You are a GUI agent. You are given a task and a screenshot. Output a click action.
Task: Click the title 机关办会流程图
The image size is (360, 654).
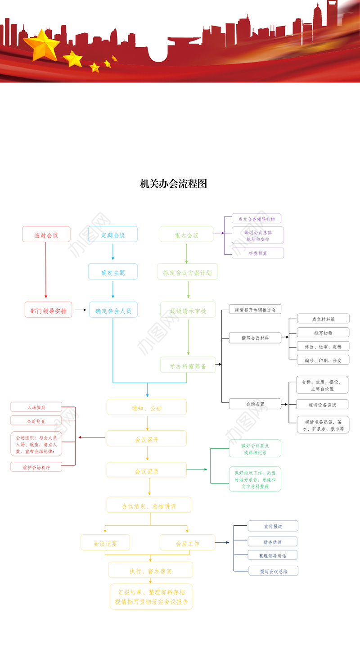tap(173, 184)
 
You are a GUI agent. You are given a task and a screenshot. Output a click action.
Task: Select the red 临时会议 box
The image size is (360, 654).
tap(46, 235)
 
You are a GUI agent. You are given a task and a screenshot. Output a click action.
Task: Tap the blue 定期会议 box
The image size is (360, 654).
tap(112, 235)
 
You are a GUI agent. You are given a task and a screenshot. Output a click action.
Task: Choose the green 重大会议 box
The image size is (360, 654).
tap(186, 235)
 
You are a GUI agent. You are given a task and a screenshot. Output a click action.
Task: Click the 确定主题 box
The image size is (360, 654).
tap(112, 272)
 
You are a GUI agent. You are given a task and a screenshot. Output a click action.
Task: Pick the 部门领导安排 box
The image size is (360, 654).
tap(48, 310)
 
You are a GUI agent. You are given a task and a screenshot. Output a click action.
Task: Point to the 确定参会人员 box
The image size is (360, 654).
tap(113, 310)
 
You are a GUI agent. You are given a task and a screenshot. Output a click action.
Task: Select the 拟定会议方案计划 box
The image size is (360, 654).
tap(187, 272)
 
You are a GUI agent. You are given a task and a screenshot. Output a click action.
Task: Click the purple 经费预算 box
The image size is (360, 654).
tap(258, 253)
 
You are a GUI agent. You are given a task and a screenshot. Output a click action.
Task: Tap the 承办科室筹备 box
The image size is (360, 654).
tap(188, 365)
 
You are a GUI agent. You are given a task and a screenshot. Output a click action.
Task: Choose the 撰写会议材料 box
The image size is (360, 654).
tap(255, 338)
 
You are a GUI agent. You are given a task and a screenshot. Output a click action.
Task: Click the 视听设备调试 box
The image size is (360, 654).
tap(322, 404)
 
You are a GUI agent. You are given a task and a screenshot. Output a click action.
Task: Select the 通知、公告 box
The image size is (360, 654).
tap(146, 407)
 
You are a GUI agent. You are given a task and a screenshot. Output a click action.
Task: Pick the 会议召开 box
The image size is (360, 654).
tap(146, 439)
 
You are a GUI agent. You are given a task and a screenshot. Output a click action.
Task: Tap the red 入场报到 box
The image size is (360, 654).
tap(36, 407)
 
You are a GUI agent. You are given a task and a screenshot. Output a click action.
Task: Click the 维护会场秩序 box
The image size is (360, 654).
tap(36, 467)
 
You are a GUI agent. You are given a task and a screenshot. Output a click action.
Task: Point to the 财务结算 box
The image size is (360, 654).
tap(272, 541)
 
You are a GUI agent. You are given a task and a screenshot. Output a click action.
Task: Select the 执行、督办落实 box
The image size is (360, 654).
tap(150, 570)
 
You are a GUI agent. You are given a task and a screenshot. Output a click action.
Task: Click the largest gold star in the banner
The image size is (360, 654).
tap(41, 44)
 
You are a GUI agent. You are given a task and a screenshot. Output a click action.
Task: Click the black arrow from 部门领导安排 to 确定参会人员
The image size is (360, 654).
tap(80, 310)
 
